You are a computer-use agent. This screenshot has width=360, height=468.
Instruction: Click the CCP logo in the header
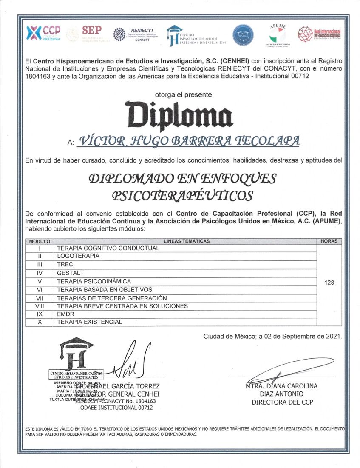(44, 33)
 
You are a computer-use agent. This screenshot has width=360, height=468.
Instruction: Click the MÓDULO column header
(40, 241)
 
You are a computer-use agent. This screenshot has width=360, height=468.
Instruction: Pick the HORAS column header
(329, 241)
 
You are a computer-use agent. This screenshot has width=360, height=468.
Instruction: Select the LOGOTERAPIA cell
(78, 256)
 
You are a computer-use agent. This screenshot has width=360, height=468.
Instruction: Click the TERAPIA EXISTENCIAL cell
(89, 322)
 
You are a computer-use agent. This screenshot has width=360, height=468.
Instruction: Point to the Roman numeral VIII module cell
(40, 306)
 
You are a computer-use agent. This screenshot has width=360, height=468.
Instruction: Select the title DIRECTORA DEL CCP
(282, 402)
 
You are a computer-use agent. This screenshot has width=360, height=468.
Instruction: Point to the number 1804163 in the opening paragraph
(39, 76)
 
